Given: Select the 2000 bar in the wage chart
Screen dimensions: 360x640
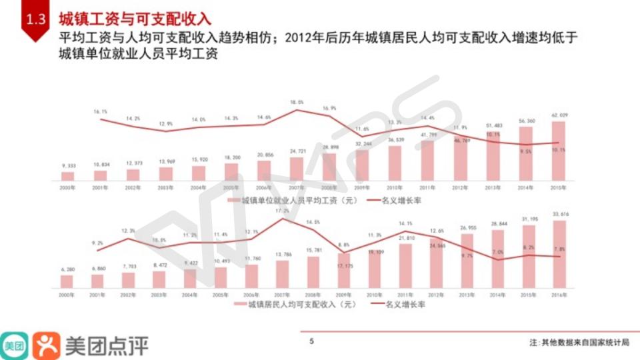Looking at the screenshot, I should point(67,176).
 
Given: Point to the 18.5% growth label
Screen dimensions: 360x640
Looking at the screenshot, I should point(297,102).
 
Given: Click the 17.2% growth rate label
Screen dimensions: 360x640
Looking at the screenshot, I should point(282,211).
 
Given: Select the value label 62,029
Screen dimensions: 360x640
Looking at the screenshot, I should point(559,115).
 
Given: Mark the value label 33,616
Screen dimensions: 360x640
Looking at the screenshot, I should point(559,214).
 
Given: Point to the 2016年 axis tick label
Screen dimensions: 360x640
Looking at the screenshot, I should point(559,294).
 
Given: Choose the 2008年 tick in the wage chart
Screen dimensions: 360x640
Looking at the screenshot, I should point(329,188).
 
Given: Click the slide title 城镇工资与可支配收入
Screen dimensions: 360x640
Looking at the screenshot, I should point(134,18).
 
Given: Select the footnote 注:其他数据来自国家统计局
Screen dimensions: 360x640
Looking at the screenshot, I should point(579,342).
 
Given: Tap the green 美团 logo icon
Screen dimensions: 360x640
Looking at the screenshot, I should point(14,345).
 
